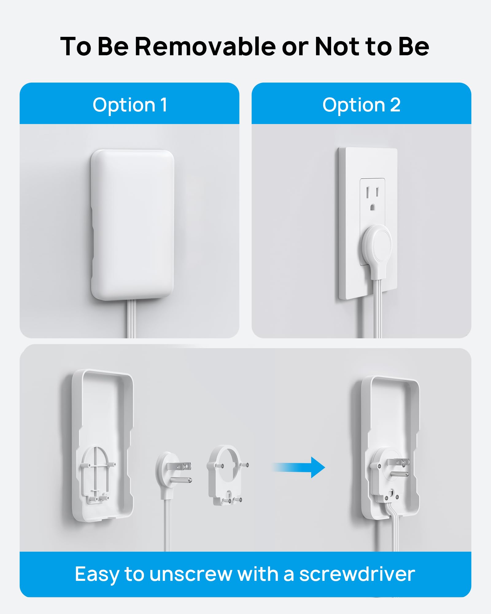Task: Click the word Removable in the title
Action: tap(205, 46)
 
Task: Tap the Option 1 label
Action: tap(130, 105)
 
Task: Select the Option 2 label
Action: tap(361, 105)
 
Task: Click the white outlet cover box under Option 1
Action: tap(132, 224)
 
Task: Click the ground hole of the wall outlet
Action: tap(373, 207)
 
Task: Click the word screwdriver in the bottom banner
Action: tap(357, 574)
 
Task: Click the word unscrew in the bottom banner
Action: tap(191, 574)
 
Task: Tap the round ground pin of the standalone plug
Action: tap(182, 480)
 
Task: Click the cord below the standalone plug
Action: tap(167, 525)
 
